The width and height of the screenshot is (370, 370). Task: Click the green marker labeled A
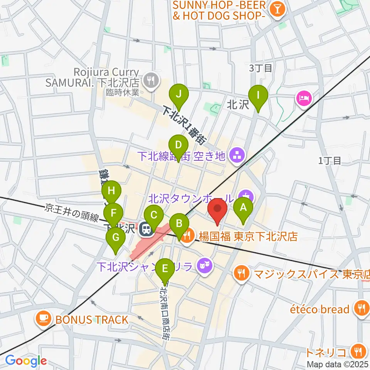tap(243, 209)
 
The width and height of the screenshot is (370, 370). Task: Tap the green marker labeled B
tap(179, 224)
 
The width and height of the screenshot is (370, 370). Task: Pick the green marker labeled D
tap(178, 146)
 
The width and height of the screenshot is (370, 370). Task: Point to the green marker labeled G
tap(116, 238)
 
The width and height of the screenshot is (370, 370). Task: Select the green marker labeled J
tap(178, 94)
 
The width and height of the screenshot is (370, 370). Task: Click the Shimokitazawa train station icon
tap(146, 229)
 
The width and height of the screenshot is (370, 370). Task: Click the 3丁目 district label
tap(261, 69)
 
